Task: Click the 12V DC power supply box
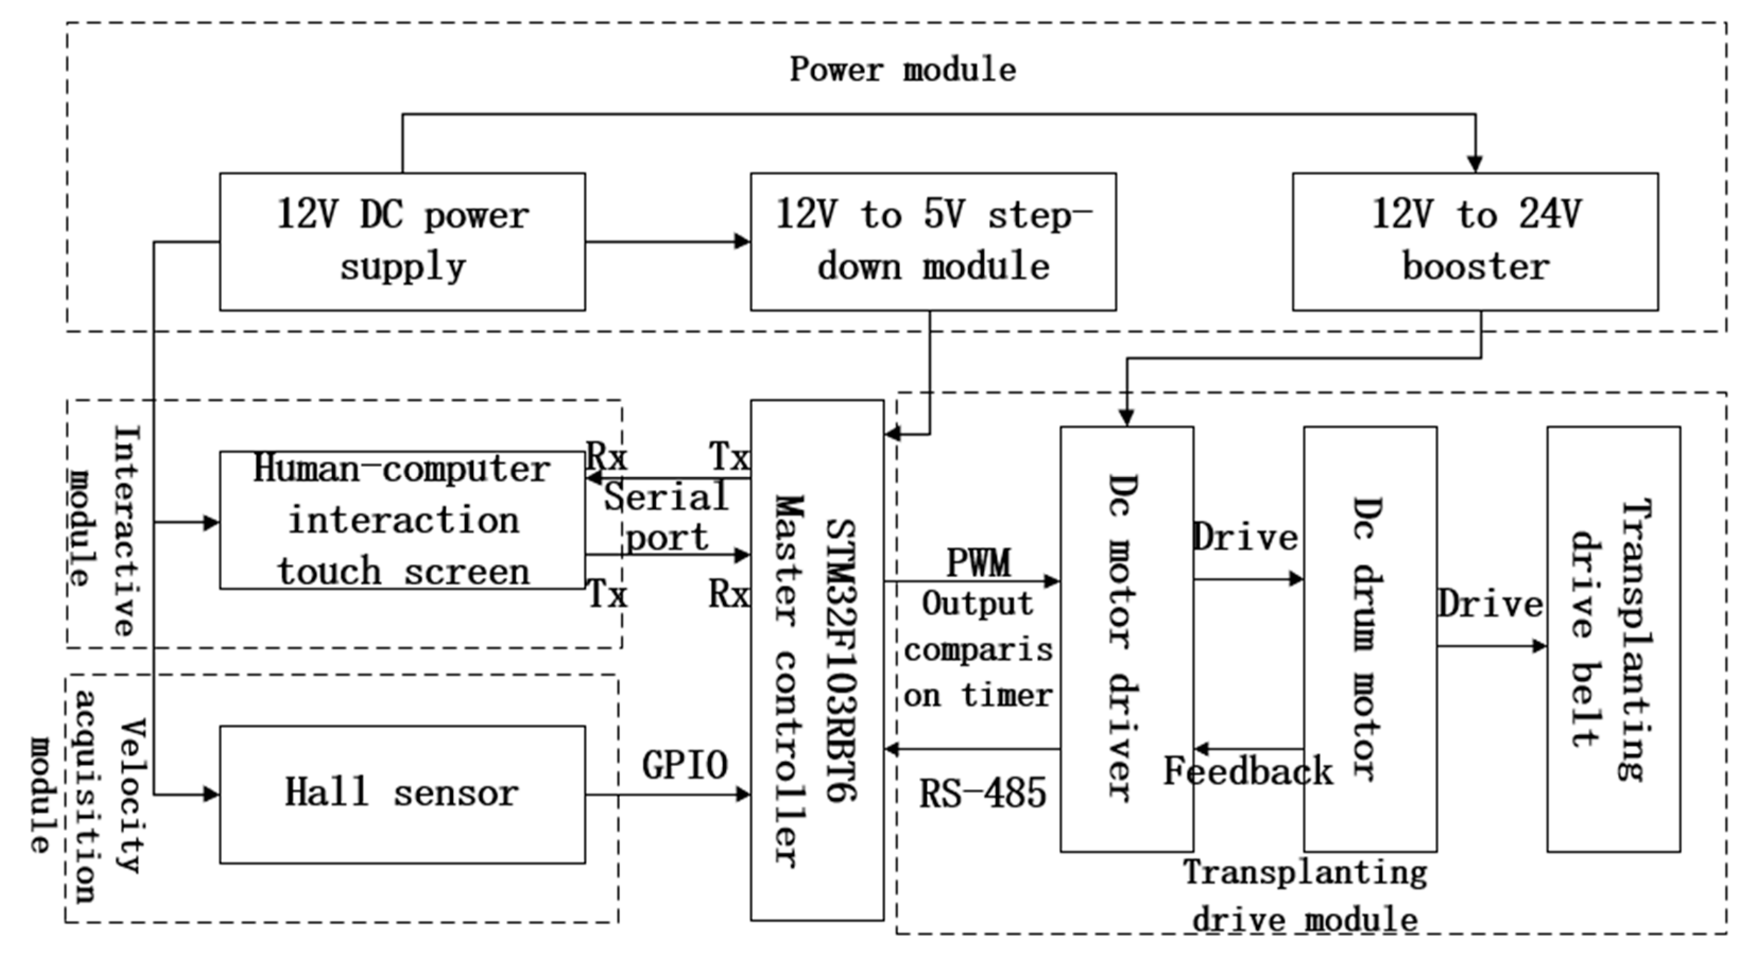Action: pos(403,242)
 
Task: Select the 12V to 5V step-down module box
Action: pos(933,242)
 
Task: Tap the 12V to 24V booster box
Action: pos(1475,242)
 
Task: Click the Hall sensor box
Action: pos(403,794)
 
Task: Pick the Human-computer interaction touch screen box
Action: pos(403,520)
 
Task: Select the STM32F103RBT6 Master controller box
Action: pos(817,660)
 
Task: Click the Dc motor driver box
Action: pos(1127,639)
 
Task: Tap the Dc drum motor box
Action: pos(1370,639)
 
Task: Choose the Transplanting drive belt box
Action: pos(1614,639)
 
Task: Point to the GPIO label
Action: pos(685,765)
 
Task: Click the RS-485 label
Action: pos(983,792)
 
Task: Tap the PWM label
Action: pos(978,562)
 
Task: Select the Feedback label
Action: pos(1249,771)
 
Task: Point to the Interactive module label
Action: pos(103,530)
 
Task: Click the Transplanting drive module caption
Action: pos(1306,895)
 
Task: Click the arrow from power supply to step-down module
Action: pos(668,241)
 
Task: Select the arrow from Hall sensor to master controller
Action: pos(668,794)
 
